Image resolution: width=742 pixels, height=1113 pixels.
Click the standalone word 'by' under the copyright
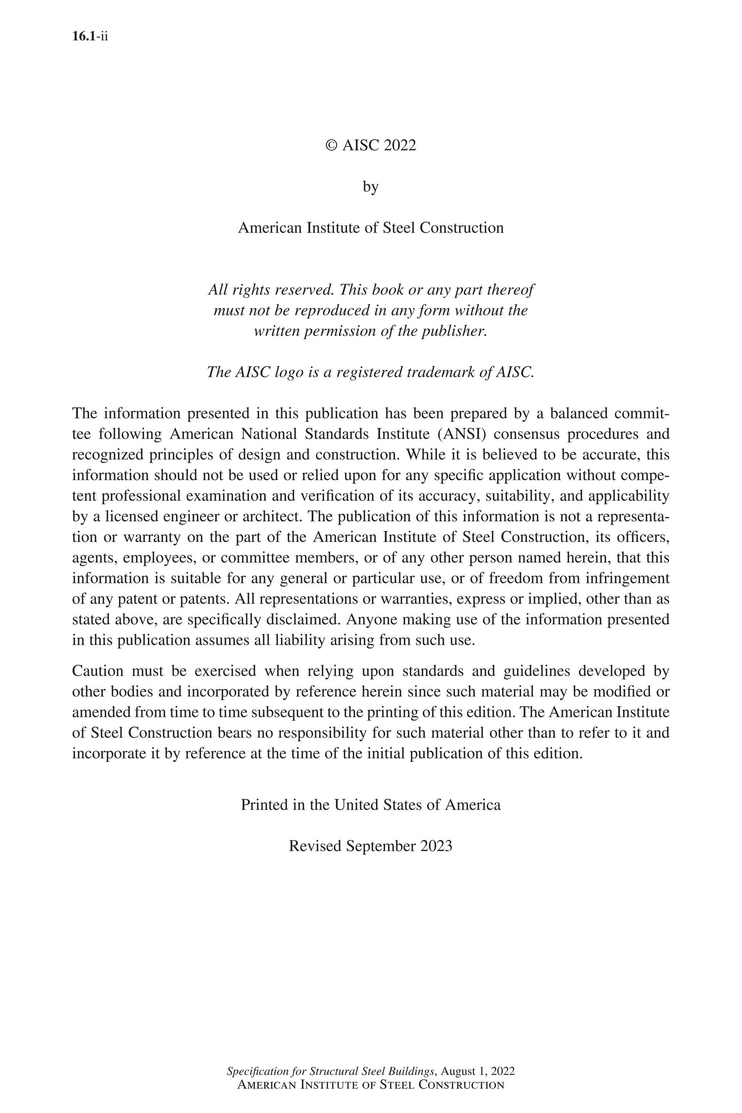(371, 187)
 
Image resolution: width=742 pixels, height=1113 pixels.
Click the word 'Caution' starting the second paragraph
(98, 671)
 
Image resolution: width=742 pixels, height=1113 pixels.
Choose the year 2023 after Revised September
(436, 846)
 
